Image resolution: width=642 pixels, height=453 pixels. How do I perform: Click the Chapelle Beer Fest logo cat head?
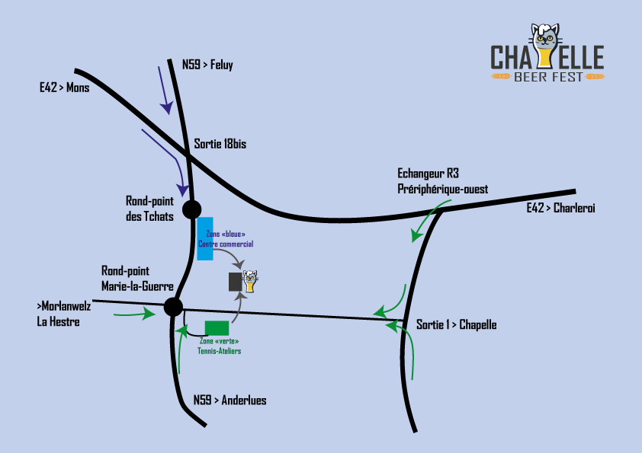pos(546,38)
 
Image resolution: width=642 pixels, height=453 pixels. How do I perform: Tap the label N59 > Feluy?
pos(207,65)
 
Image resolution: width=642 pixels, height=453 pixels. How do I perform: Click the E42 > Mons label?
pos(65,88)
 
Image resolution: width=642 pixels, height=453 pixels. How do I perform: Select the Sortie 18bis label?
pos(220,143)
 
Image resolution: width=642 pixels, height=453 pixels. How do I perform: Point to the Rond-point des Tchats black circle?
pos(191,209)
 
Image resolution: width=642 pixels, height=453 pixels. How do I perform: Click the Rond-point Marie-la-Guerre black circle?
pos(173,307)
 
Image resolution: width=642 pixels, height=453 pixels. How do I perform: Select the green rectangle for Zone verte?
pos(217,328)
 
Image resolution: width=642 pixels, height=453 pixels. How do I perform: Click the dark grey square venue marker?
pos(235,282)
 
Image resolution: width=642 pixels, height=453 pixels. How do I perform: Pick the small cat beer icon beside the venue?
pos(250,280)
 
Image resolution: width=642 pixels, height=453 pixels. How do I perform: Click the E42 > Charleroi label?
pos(560,208)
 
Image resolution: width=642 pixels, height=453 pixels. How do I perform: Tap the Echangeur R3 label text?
pos(428,174)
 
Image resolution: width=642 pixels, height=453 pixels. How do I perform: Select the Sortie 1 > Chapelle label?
pos(456,324)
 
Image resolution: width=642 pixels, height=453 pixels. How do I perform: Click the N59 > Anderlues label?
pos(230,400)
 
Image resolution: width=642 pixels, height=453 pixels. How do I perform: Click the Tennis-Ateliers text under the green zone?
pos(219,351)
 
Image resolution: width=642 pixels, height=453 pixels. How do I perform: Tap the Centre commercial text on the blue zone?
pos(226,244)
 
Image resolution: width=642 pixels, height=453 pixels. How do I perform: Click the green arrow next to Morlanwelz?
pos(132,314)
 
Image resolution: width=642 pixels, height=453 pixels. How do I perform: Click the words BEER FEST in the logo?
pos(548,76)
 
